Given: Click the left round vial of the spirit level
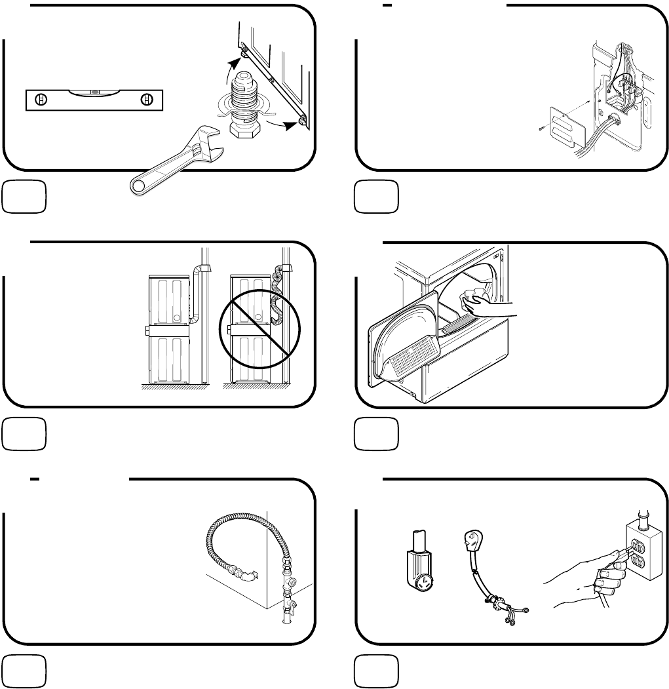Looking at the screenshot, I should tap(41, 100).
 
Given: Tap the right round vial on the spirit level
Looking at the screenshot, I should tap(147, 100).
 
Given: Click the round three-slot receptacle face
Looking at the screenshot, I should tap(421, 581).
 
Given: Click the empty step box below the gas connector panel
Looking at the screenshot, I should tap(24, 671).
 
